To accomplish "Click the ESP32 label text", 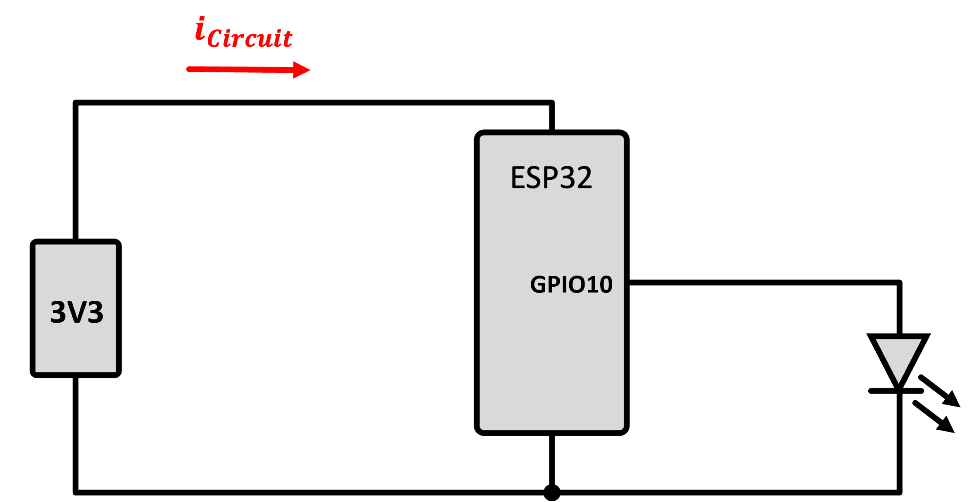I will point(551,178).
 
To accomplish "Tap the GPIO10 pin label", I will point(571,285).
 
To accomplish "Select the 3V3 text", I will point(76,312).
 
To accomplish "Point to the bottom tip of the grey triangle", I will point(898,383).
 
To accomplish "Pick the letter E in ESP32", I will point(519,178).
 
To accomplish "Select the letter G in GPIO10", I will point(538,285).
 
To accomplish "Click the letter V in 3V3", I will point(76,312).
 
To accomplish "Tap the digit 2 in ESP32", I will point(583,178).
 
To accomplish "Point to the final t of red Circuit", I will point(288,38).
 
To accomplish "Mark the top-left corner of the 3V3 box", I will point(36,245).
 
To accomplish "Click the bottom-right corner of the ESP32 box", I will point(623,429).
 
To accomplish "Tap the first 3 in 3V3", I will point(57,312).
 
